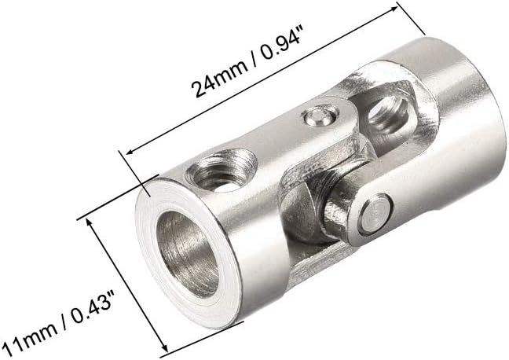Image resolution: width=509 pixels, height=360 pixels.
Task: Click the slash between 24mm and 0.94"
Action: coord(252,59)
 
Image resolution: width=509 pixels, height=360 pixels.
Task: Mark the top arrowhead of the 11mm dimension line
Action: coord(90,222)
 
